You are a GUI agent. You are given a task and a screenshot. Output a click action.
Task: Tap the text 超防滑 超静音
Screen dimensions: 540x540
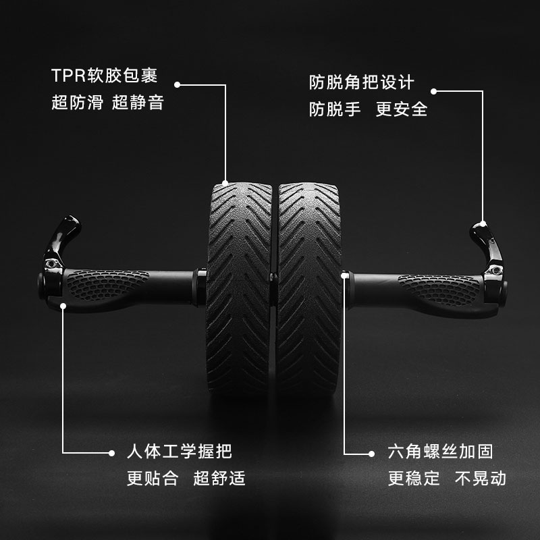coord(107,103)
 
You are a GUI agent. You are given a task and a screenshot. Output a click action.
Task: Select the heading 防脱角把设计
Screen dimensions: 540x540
coord(361,82)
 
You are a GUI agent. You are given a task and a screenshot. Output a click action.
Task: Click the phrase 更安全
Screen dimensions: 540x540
coord(402,109)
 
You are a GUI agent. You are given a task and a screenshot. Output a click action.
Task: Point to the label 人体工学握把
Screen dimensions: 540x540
coord(179,452)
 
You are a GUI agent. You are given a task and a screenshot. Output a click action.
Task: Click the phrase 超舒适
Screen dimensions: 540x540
coord(219,479)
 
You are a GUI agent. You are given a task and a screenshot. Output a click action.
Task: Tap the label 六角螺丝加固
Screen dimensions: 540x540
coord(440,452)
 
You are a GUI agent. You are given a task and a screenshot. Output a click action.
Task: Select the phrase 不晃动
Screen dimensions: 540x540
coord(480,479)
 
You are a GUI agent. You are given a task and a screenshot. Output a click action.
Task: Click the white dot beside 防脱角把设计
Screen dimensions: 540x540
coord(434,91)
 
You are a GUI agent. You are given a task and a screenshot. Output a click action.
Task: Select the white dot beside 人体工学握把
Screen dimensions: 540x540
coord(111,452)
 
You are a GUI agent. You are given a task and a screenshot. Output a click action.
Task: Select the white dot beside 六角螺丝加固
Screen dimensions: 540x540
coord(372,452)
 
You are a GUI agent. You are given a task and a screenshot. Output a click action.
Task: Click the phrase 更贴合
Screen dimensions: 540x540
coord(153,479)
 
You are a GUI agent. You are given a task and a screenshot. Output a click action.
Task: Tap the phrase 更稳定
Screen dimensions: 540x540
coord(414,479)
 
